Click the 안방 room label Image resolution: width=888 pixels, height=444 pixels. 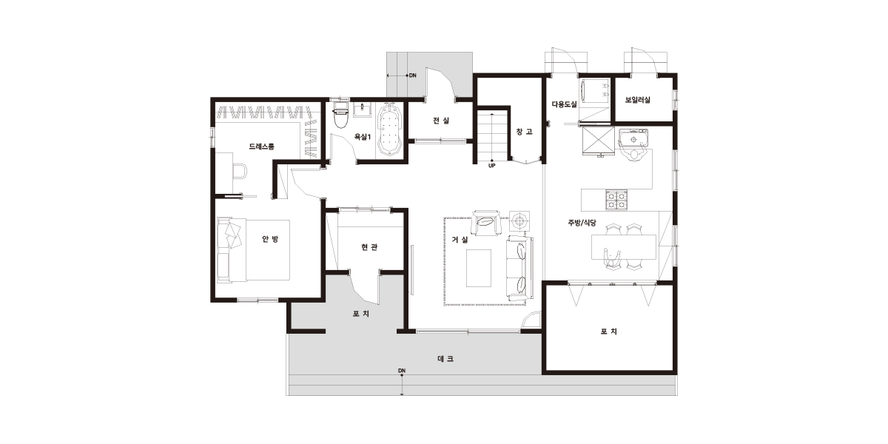tap(270, 238)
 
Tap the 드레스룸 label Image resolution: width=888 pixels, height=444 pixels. tap(261, 147)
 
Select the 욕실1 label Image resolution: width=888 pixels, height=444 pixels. tap(363, 137)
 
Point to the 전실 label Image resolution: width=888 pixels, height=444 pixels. tap(441, 120)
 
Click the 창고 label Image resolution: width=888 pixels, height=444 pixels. tap(524, 132)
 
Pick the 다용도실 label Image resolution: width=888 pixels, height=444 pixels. tap(564, 104)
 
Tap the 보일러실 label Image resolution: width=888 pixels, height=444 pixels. tap(637, 100)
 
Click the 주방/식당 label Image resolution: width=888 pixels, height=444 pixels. tap(582, 223)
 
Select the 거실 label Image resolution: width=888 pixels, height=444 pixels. tap(460, 240)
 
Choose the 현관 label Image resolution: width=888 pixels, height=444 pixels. tap(369, 247)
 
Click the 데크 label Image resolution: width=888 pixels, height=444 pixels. tap(445, 359)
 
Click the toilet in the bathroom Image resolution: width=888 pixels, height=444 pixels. tap(340, 115)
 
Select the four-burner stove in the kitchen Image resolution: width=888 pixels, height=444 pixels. tap(616, 200)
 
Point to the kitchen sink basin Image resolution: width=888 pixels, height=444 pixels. tap(633, 139)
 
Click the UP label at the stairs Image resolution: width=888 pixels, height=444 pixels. tap(491, 166)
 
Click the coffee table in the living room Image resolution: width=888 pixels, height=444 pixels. tap(479, 268)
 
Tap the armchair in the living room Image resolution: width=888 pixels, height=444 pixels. tap(486, 223)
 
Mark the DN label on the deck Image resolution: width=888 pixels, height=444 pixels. tap(402, 371)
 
